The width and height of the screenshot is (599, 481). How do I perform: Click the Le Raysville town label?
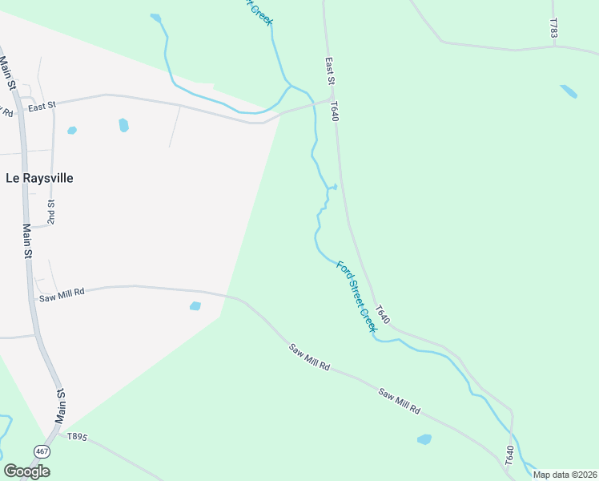tap(39, 178)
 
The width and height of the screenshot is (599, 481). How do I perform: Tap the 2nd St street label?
tap(50, 212)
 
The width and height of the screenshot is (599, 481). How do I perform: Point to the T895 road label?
tap(77, 437)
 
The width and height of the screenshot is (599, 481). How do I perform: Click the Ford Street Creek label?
tap(356, 297)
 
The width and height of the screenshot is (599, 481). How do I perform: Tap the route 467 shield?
tap(42, 452)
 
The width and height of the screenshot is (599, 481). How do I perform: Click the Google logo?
tap(26, 471)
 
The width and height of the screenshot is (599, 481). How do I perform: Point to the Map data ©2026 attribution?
tap(565, 475)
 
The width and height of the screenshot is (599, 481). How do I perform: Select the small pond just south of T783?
tap(569, 91)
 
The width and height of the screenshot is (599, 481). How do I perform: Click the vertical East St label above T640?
tap(329, 71)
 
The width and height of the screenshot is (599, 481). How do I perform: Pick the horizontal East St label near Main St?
tap(42, 105)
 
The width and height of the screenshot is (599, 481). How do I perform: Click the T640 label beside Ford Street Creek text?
tap(383, 314)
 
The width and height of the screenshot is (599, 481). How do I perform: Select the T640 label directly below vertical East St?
tap(334, 111)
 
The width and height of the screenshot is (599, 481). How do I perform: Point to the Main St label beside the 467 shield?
tap(60, 406)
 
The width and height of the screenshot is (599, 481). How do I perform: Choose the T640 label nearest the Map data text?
tap(509, 456)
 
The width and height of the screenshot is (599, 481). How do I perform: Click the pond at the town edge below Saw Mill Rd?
tap(195, 305)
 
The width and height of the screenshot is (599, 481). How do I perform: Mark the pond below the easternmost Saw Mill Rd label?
tap(424, 439)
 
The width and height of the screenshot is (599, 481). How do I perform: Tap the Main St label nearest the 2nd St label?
tap(27, 240)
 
